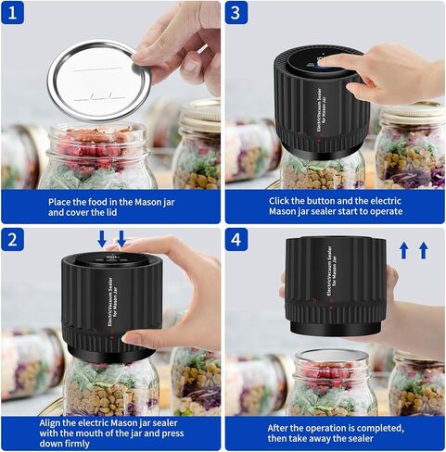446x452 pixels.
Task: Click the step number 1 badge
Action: pos(12,13)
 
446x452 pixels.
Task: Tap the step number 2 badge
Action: pos(12,239)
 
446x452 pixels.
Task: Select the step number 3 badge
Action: pos(236,13)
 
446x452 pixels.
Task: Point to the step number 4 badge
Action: pos(236,239)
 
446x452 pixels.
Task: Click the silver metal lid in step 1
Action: pos(99,81)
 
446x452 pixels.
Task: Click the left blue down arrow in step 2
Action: pos(102,239)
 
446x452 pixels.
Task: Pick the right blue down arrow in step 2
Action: pos(121,239)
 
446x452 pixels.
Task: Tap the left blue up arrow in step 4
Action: pos(403,250)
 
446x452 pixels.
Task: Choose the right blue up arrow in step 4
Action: pos(424,250)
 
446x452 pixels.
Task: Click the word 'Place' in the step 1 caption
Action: pos(59,202)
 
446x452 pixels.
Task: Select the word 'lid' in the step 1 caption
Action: pos(111,212)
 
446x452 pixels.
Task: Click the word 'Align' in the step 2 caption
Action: pos(50,423)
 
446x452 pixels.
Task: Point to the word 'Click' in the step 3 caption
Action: pos(278,201)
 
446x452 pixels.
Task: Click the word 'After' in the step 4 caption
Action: pos(277,428)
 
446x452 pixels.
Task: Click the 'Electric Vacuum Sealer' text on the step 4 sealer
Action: pos(330,271)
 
